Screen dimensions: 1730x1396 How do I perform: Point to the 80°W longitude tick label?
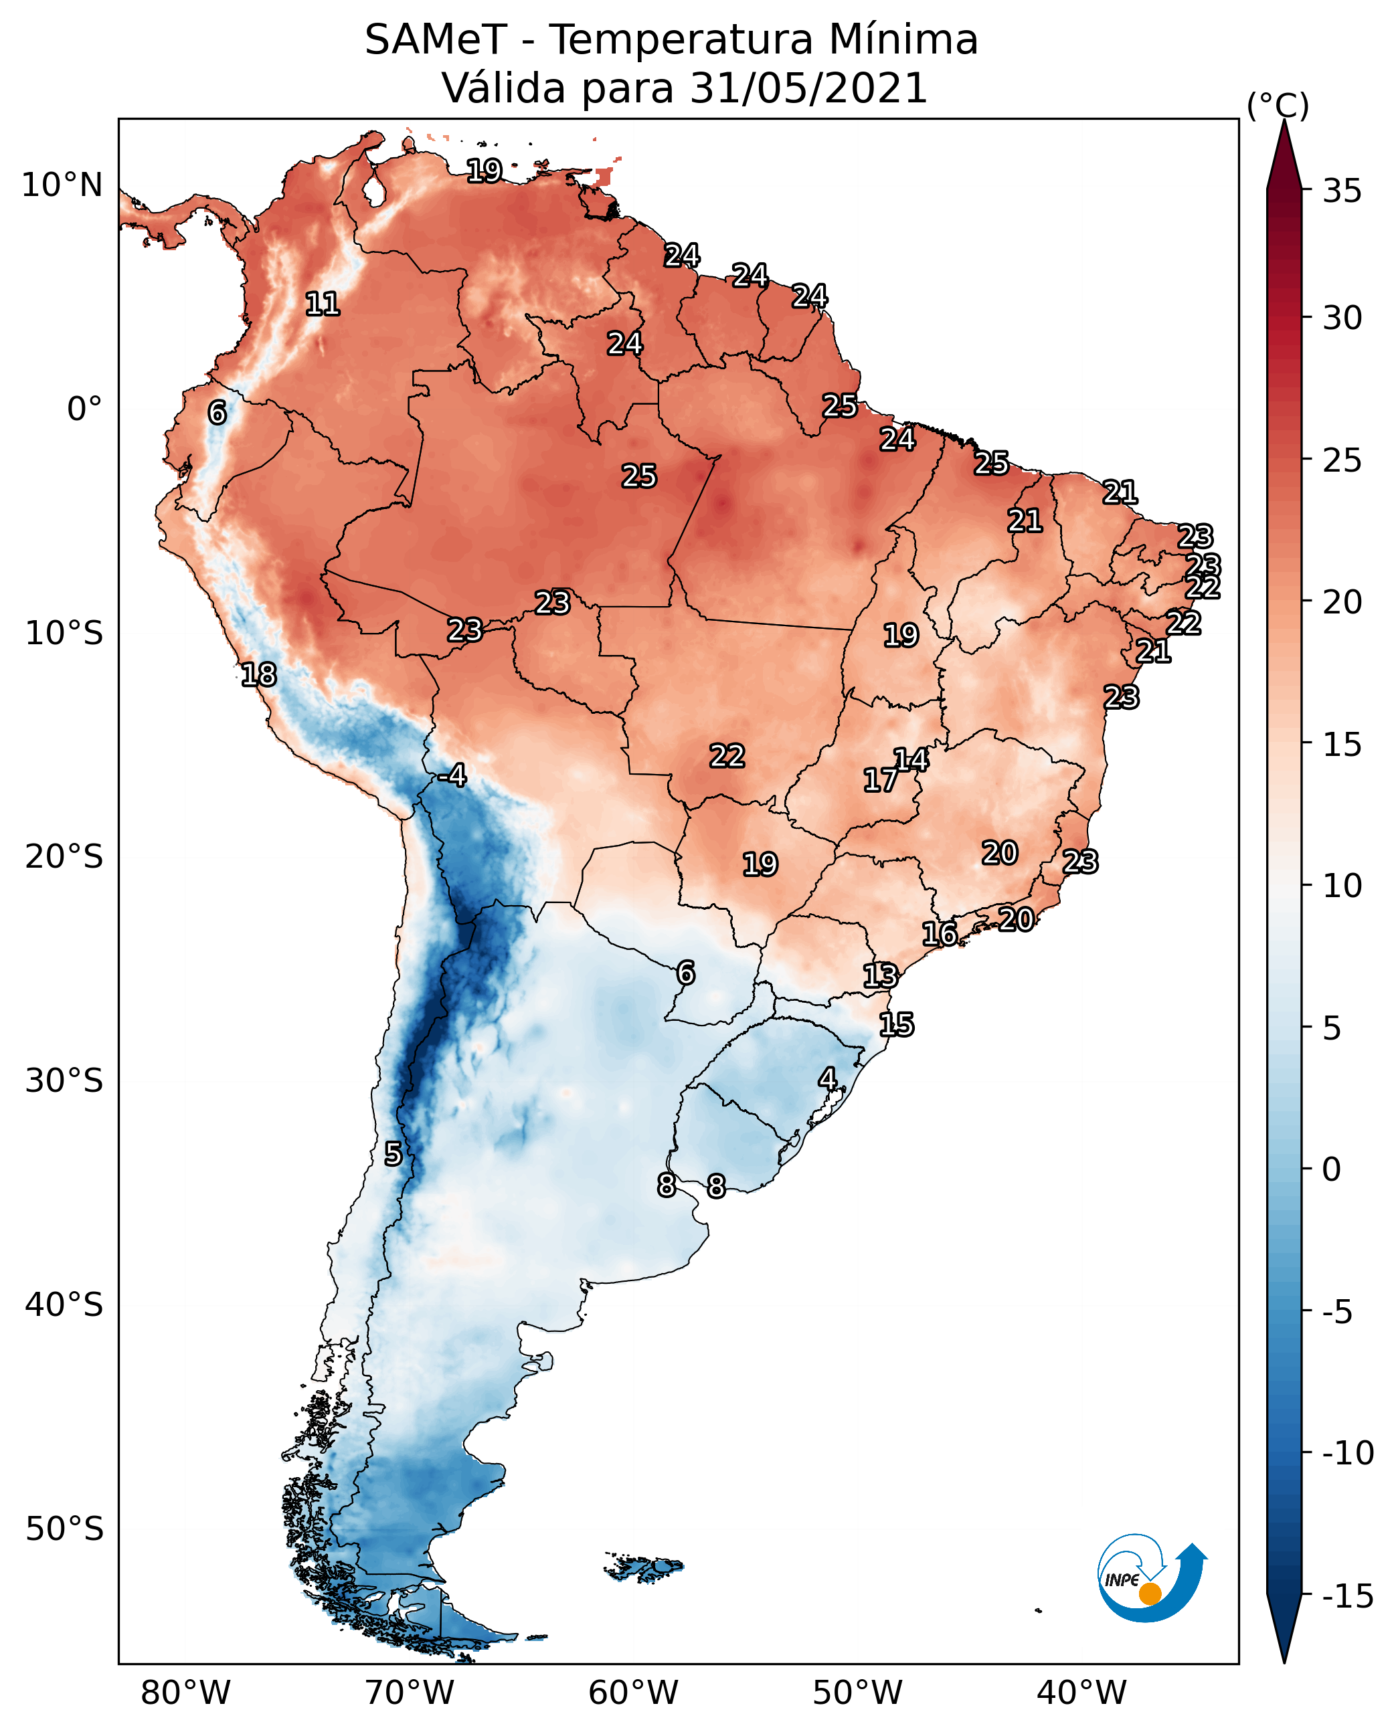pos(186,1694)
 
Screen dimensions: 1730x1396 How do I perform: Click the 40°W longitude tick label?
pos(1081,1694)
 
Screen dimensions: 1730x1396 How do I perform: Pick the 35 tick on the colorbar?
pos(1342,191)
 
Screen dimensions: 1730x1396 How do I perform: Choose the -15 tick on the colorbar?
pos(1347,1597)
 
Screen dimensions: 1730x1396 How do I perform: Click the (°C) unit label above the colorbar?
pos(1278,105)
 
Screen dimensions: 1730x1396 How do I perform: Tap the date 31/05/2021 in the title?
pos(808,88)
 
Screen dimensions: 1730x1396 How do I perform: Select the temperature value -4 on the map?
pos(453,776)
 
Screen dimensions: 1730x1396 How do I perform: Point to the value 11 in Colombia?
pos(323,304)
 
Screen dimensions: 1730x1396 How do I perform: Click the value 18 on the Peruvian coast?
pos(259,674)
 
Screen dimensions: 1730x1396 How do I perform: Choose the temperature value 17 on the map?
pos(881,780)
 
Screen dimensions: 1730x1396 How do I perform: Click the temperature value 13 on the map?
pos(881,976)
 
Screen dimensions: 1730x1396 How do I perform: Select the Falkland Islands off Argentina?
pos(643,1567)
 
